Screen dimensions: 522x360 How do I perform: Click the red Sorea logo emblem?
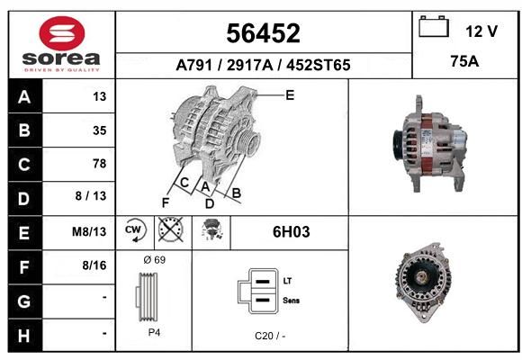tap(62, 33)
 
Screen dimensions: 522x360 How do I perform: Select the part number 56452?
tap(264, 33)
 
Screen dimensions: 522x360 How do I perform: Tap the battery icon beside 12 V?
tap(434, 26)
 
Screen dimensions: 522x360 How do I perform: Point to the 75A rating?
tap(464, 61)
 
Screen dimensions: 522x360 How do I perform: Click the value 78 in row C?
tap(100, 164)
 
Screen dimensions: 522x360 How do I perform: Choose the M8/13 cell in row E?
tap(89, 231)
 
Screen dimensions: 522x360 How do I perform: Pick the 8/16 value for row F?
tap(94, 265)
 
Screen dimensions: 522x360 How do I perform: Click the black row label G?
tap(25, 301)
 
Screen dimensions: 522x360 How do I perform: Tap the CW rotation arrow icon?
tap(135, 229)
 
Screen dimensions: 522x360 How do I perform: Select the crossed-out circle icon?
tap(171, 229)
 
